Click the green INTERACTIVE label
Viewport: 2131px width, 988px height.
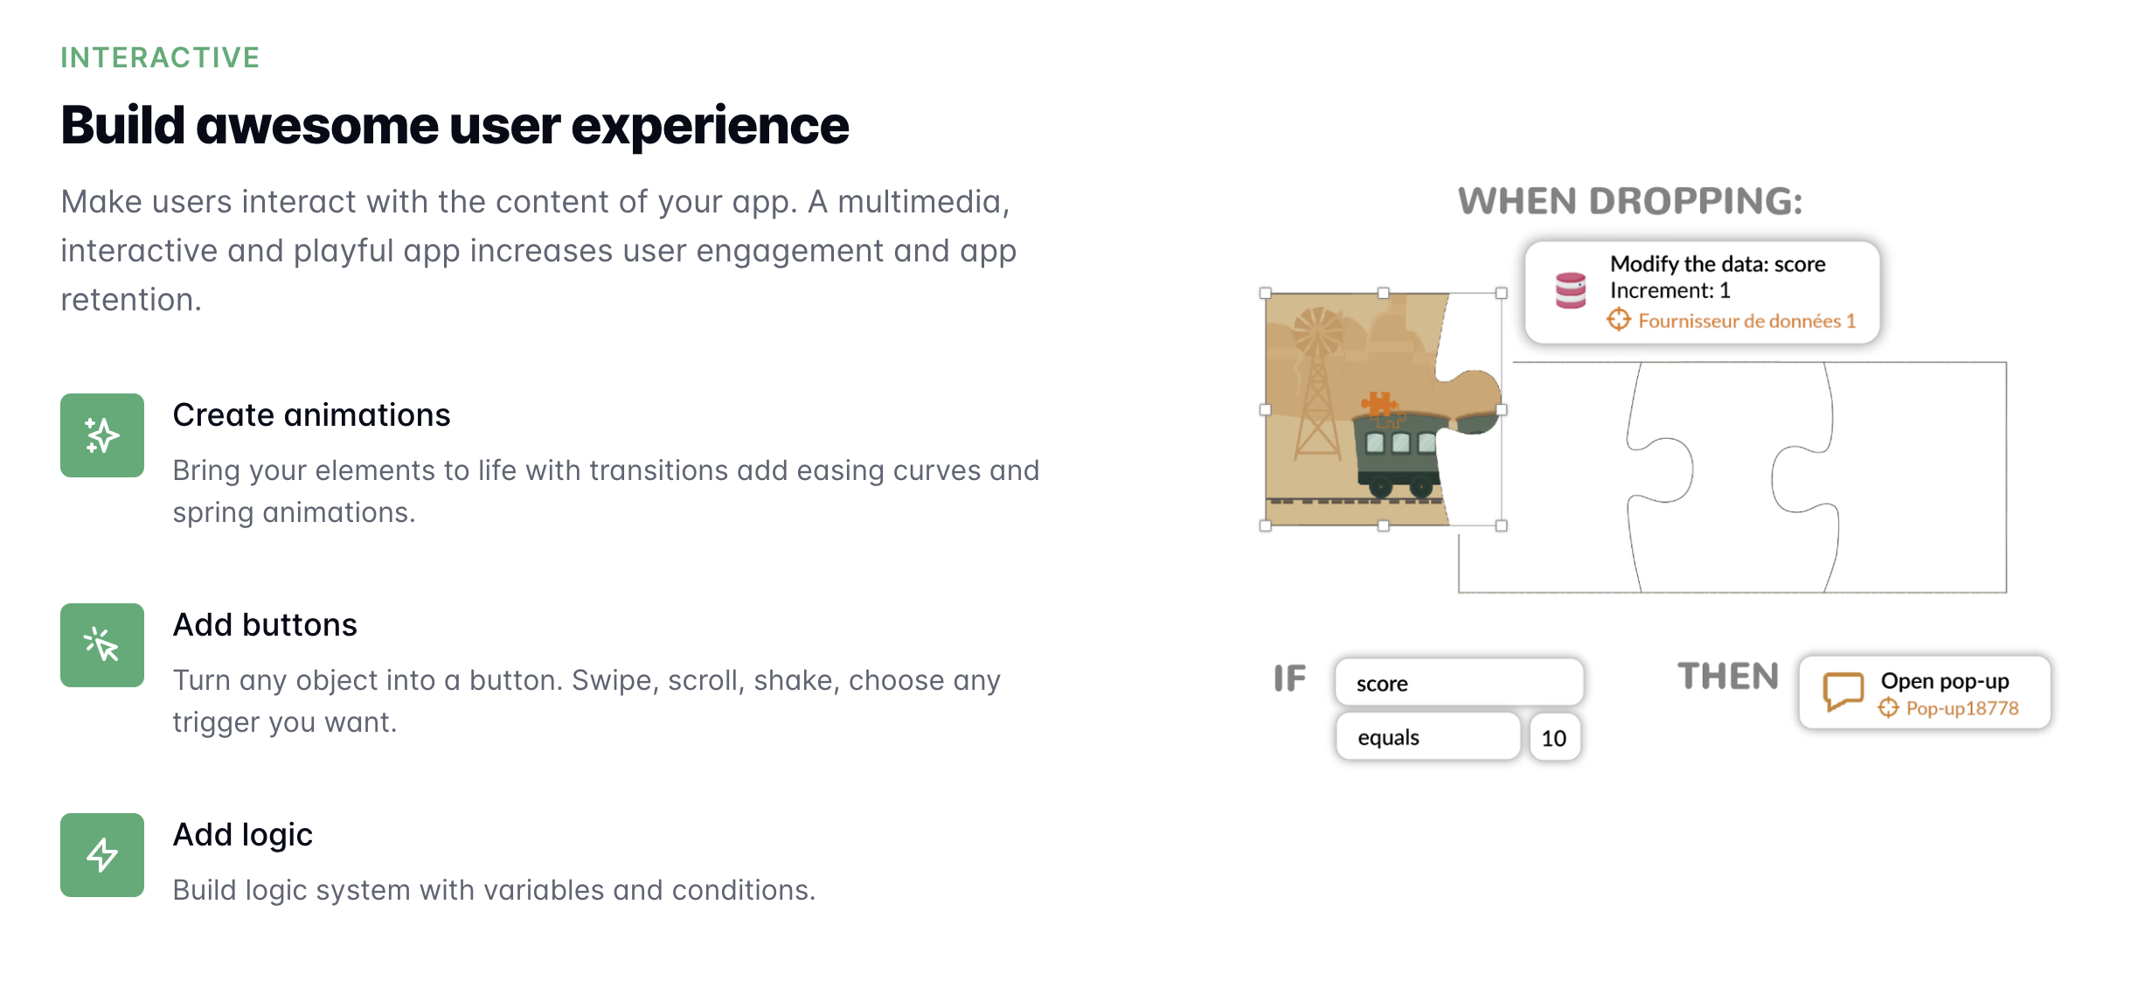(x=160, y=58)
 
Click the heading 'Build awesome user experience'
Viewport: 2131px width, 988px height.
(x=455, y=125)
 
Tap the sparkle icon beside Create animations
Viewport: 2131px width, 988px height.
(x=102, y=435)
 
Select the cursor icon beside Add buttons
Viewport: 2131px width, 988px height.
(x=102, y=645)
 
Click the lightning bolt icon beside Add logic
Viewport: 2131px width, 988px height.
(x=102, y=855)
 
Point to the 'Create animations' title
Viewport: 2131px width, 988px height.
(x=311, y=414)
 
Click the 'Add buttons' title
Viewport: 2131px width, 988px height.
(x=265, y=624)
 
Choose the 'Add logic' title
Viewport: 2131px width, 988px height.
(x=243, y=835)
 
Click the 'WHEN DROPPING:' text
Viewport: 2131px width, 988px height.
(x=1630, y=201)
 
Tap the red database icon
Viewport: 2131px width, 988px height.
(x=1571, y=290)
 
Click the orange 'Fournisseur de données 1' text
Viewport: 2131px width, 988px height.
(x=1746, y=321)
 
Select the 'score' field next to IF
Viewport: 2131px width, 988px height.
(x=1459, y=682)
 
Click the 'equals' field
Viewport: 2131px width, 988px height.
(x=1428, y=737)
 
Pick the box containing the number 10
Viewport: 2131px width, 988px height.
(x=1554, y=738)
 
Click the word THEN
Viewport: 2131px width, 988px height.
(x=1728, y=677)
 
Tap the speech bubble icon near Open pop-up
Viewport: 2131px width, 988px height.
(x=1843, y=691)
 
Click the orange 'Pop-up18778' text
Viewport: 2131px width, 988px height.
(x=1962, y=708)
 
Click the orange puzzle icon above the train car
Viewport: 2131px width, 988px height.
(x=1378, y=404)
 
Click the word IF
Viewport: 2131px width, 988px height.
(x=1289, y=678)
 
